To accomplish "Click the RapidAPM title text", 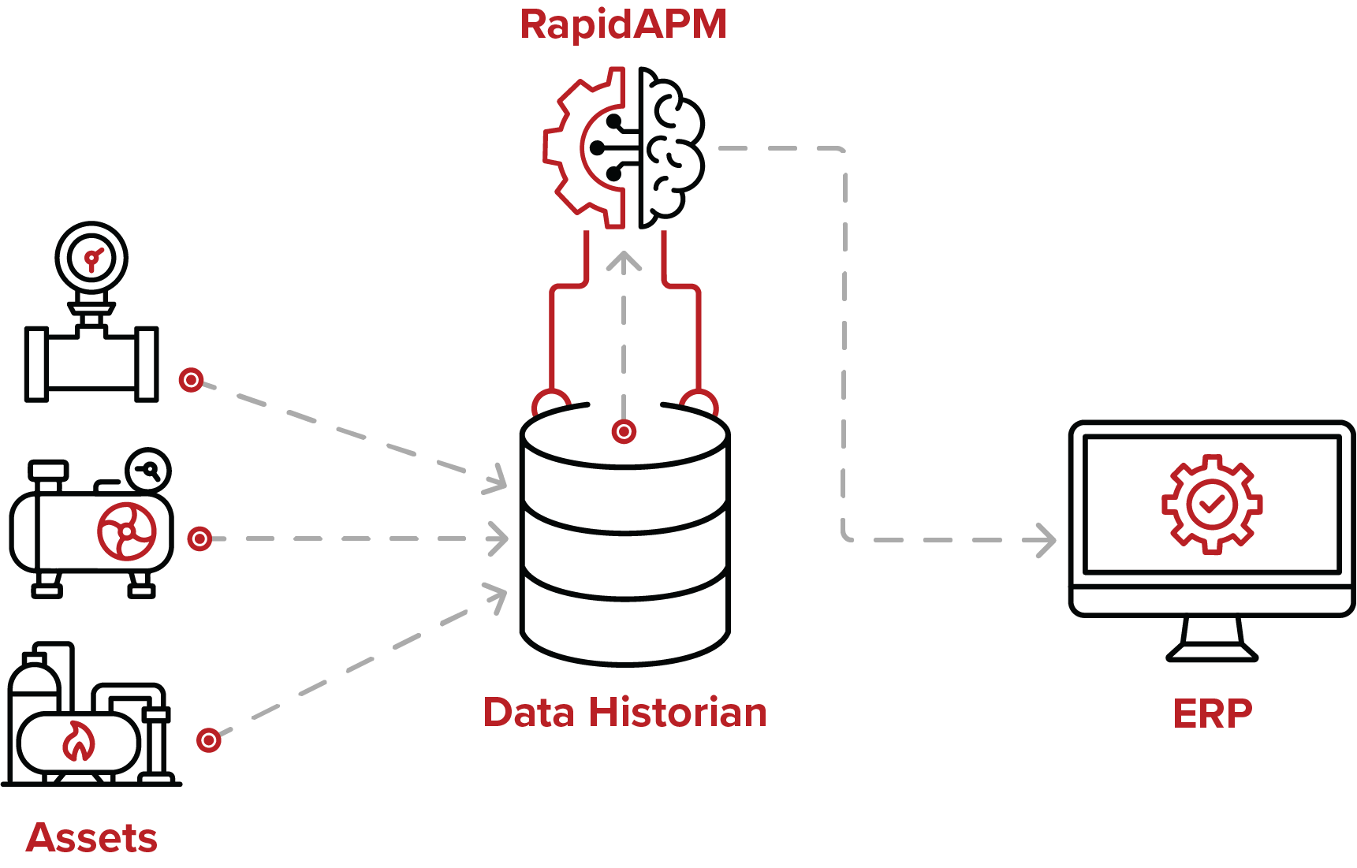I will pos(623,24).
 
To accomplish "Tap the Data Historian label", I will pos(624,713).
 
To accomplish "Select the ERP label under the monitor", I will pos(1212,715).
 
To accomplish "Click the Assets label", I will pos(91,838).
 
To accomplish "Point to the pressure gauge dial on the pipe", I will pos(91,259).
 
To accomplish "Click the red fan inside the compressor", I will pos(127,531).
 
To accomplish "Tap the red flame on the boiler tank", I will pos(79,742).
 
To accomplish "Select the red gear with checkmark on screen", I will pos(1211,504).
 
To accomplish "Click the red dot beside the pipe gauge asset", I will pos(191,380).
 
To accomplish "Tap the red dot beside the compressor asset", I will pos(199,538).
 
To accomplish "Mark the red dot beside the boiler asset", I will pos(208,740).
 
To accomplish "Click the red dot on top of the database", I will pos(624,431).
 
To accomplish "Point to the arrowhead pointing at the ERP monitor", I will pos(1047,541).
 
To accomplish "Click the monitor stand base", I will pos(1211,651).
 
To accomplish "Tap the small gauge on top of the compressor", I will pos(148,470).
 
